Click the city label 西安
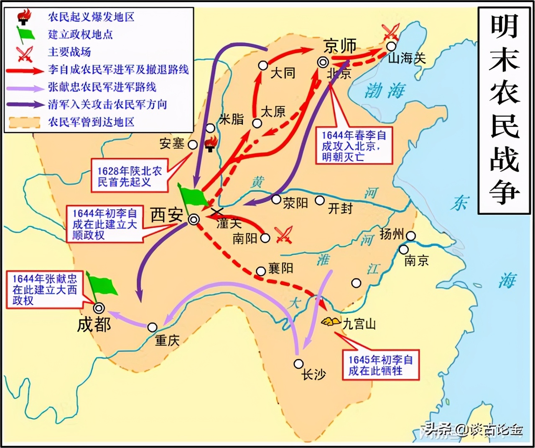167,215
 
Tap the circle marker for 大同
263,65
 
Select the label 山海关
407,58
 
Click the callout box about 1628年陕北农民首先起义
130,176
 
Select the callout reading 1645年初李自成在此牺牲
380,365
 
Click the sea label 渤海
385,90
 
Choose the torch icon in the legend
23,17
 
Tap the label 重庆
167,340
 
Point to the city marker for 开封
320,201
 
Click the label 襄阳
280,268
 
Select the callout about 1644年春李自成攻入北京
354,146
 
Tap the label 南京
416,260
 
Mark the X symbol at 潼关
217,212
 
